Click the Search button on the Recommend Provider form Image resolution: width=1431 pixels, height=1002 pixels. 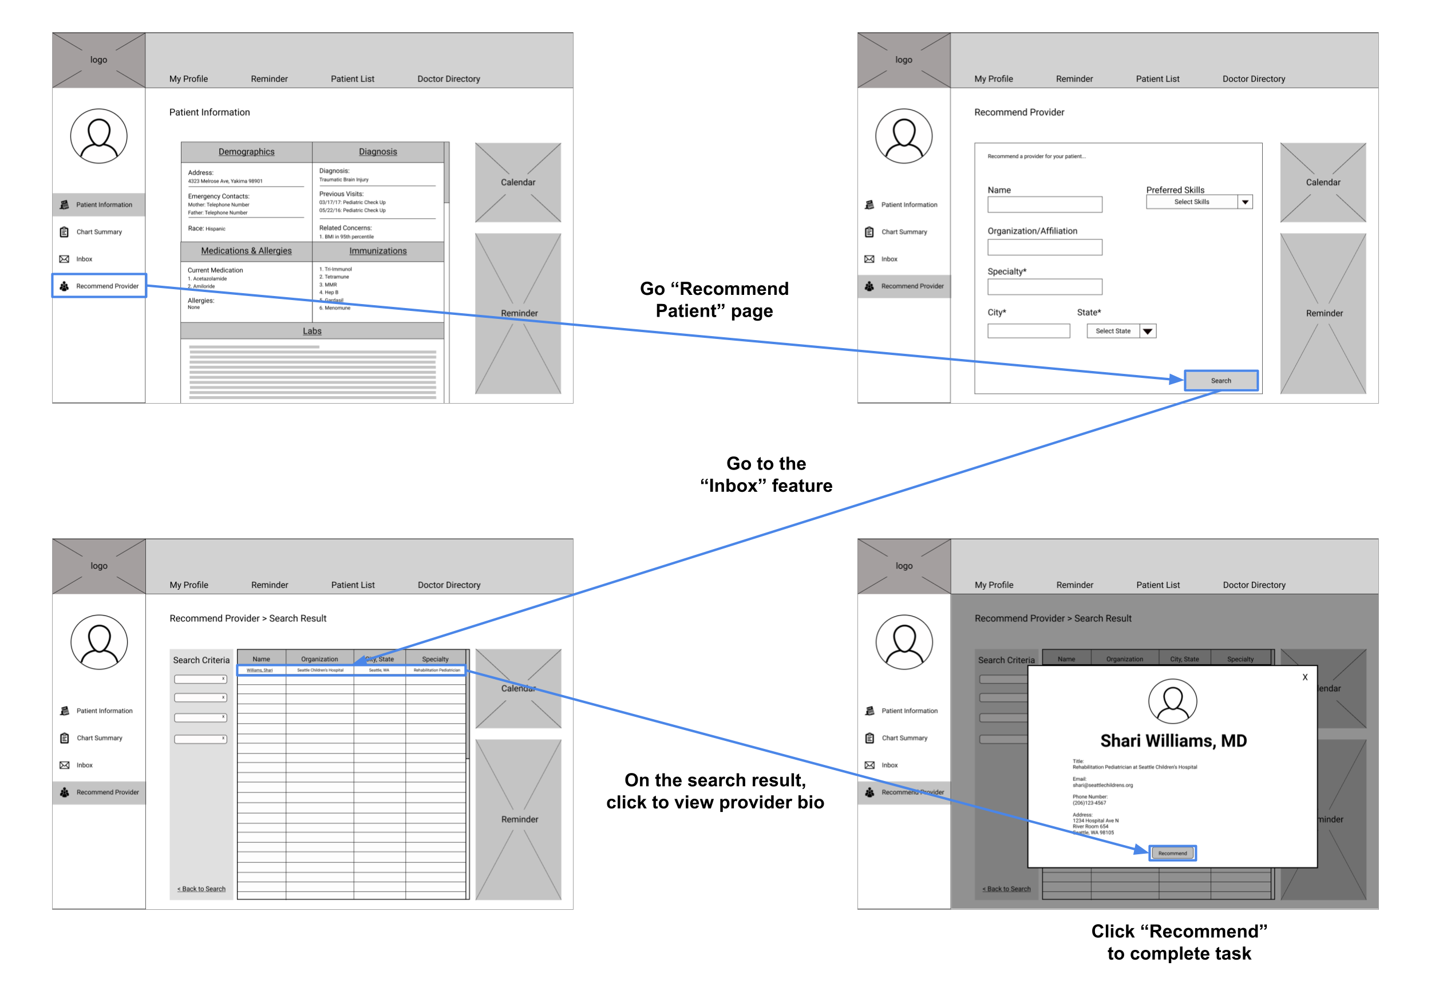(1220, 380)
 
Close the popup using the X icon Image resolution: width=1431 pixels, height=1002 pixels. (1304, 677)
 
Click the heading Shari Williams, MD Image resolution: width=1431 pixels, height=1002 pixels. (1173, 741)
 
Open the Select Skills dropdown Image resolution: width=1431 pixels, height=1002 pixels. (1199, 202)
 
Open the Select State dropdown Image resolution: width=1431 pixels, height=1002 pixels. (1121, 331)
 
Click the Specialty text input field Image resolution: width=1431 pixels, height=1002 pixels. (1045, 287)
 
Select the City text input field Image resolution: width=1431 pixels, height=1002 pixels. (1029, 331)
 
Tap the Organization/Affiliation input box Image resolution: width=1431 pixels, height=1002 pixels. (1045, 247)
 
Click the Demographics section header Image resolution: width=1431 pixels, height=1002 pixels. (246, 152)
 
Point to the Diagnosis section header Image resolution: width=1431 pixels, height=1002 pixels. (378, 152)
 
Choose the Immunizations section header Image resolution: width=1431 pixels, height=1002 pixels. (378, 251)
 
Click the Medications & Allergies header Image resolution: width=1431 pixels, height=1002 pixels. (246, 251)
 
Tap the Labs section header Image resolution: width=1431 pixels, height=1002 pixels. (313, 331)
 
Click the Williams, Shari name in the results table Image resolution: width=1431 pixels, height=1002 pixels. (259, 670)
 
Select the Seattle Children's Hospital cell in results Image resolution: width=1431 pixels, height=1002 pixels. (320, 670)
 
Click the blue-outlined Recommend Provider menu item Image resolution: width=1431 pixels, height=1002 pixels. (100, 286)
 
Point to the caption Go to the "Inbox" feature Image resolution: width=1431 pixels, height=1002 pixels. (766, 475)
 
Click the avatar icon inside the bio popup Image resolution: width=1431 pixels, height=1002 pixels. (1172, 701)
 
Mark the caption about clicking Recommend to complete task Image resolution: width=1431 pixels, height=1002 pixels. (1179, 942)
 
